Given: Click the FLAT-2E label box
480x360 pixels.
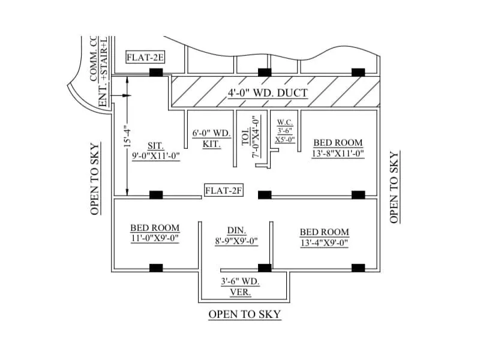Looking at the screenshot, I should pos(145,58).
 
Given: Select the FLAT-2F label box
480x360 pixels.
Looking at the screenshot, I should pos(223,191).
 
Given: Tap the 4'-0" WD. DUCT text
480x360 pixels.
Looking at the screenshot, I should pos(268,93).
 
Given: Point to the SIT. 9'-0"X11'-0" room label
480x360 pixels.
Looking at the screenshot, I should pos(156,151).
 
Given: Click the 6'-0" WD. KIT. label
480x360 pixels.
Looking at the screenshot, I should pos(212,139).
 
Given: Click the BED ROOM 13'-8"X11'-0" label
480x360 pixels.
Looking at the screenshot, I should pos(338,148).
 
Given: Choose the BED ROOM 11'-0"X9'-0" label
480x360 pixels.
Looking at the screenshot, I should pos(155,233).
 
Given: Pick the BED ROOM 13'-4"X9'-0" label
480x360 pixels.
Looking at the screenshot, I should pos(324,237).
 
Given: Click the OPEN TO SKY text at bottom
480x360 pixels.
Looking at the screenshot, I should pos(244,314).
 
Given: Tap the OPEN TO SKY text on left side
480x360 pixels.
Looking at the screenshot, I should pos(95,179).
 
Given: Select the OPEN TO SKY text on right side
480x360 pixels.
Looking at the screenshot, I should pos(394,187).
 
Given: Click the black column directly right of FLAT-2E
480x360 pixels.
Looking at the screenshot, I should pos(156,72).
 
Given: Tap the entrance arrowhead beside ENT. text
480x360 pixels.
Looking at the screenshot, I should pos(127,95).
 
